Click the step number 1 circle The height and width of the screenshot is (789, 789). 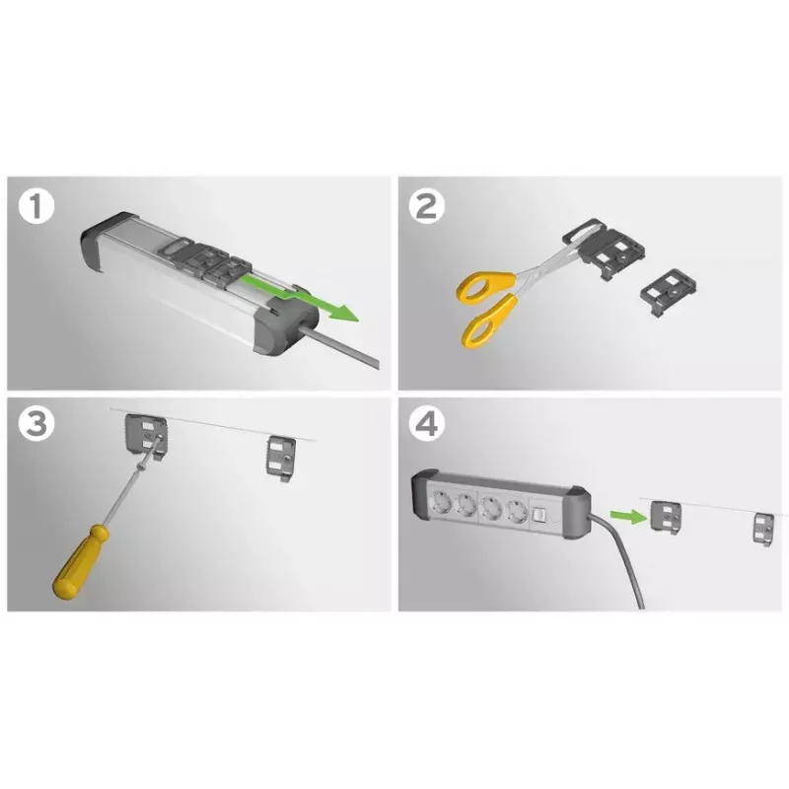tap(36, 207)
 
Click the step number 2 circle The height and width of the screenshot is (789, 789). tap(427, 207)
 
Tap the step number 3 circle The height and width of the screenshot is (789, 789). tap(36, 423)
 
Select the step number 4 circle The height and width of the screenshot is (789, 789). tap(427, 423)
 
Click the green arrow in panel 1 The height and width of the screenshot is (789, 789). tap(300, 297)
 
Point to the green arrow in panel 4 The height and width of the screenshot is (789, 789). tap(628, 515)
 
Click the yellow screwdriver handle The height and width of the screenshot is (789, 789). tap(81, 562)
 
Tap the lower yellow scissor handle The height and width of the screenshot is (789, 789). tap(488, 323)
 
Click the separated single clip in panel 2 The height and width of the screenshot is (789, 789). tap(669, 292)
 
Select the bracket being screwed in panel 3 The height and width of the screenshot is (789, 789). tap(145, 435)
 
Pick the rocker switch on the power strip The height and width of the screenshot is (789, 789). tap(539, 514)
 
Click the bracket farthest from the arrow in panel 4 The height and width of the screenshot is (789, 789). tap(763, 529)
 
